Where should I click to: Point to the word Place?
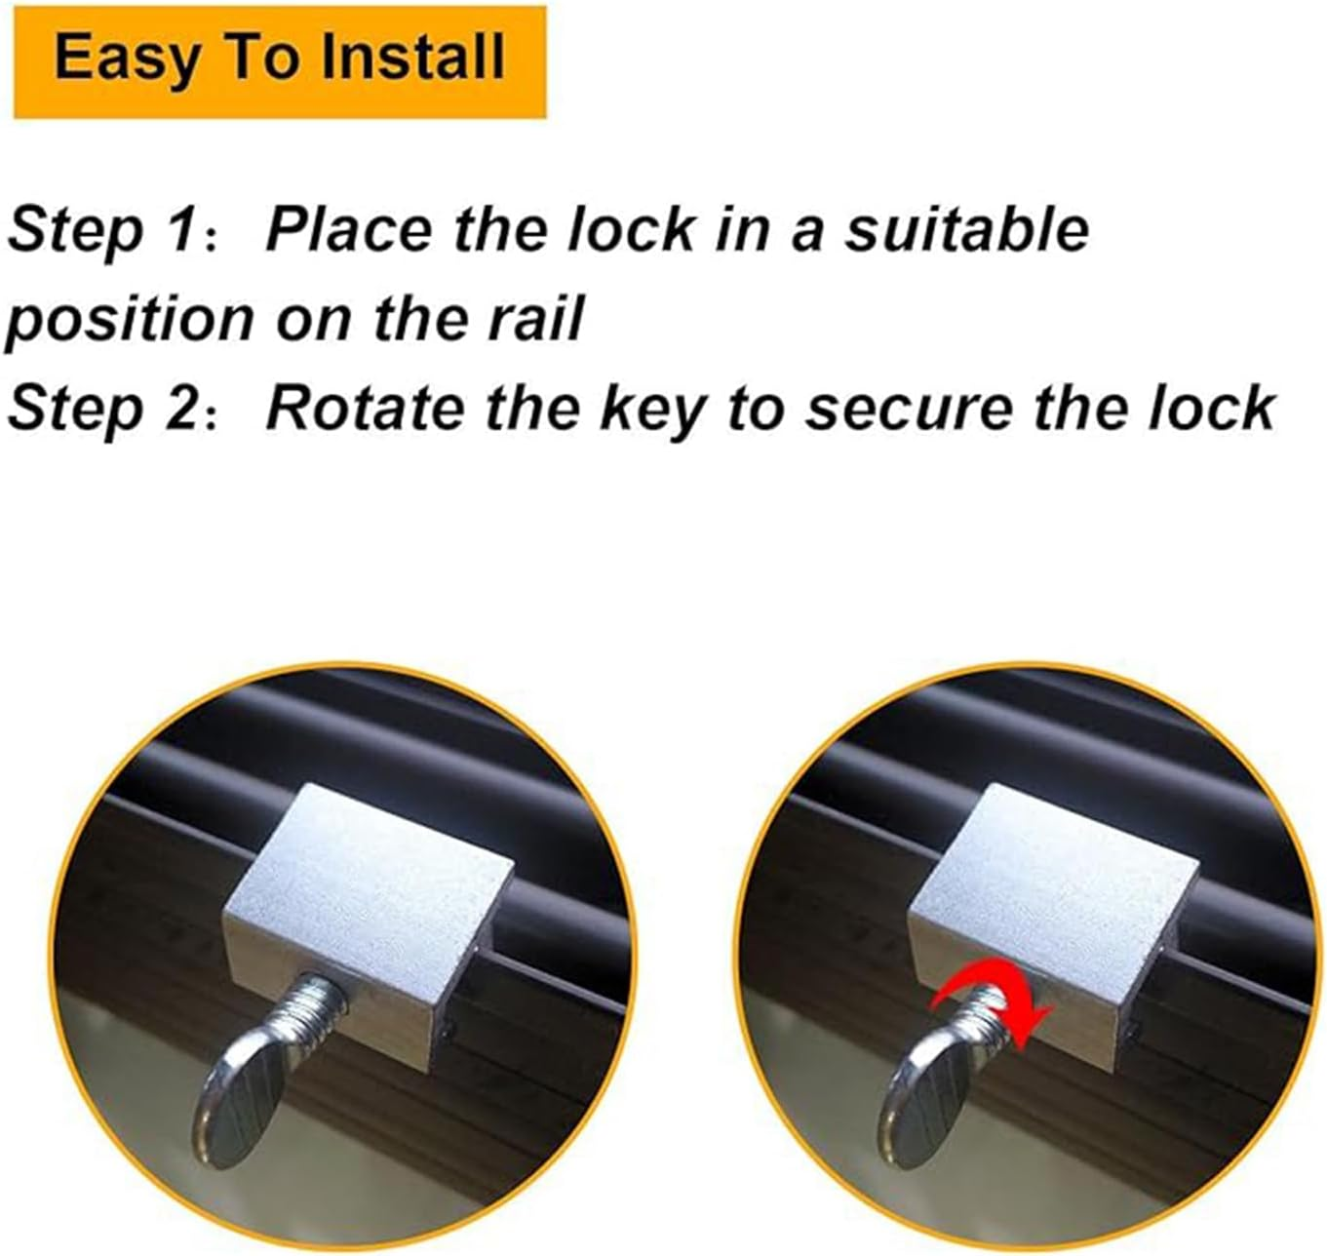349,231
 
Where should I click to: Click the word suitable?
965,231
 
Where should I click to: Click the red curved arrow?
990,1015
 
